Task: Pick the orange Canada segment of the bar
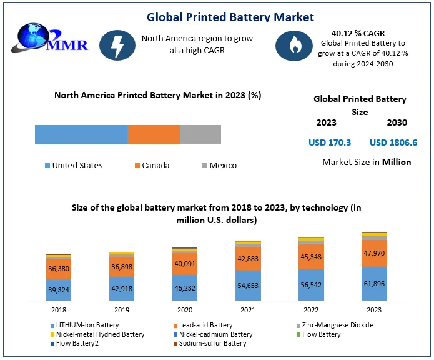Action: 154,134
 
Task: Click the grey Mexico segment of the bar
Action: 200,134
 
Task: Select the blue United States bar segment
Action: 81,134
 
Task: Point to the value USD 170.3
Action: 330,142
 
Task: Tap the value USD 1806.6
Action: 393,142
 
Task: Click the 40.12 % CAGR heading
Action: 359,34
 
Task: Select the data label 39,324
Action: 59,289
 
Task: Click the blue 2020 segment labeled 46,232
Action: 185,288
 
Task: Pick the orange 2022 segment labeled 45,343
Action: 311,256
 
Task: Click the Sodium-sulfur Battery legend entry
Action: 212,343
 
